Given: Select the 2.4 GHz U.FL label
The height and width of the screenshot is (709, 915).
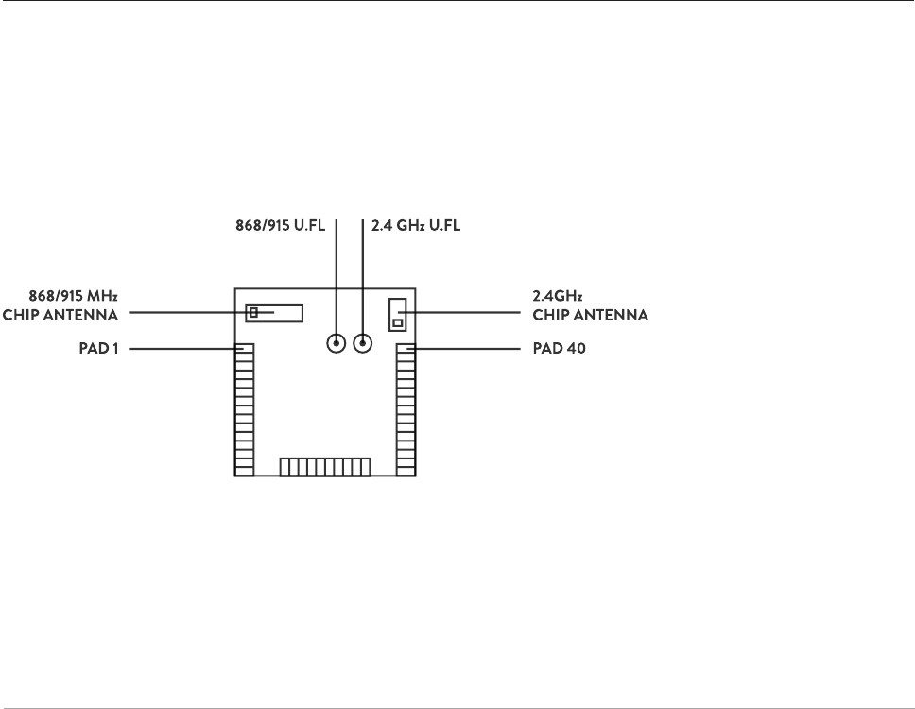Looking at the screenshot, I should pyautogui.click(x=415, y=227).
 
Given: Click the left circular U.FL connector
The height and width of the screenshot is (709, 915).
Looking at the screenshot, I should pyautogui.click(x=336, y=343).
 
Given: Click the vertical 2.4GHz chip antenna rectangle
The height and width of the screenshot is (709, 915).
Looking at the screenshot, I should pyautogui.click(x=397, y=314).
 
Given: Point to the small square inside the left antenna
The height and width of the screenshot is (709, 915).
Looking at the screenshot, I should pyautogui.click(x=253, y=312).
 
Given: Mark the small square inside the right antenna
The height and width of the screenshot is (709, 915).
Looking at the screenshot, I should pyautogui.click(x=397, y=323).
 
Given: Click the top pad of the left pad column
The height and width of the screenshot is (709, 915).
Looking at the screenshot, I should pyautogui.click(x=245, y=349).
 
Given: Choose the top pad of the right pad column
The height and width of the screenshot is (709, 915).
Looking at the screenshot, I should pyautogui.click(x=406, y=349).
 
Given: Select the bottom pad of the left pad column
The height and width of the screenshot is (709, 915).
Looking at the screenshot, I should pyautogui.click(x=245, y=470).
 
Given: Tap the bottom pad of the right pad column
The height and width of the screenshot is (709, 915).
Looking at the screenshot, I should pyautogui.click(x=406, y=470).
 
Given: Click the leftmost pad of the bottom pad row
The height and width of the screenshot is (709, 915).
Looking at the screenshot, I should pyautogui.click(x=285, y=467).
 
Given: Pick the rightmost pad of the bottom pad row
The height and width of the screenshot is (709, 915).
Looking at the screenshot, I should pyautogui.click(x=366, y=467).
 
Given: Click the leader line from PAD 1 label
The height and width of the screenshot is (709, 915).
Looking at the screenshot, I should pyautogui.click(x=180, y=349).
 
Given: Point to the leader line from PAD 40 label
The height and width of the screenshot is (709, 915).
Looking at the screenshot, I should pyautogui.click(x=468, y=349).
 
